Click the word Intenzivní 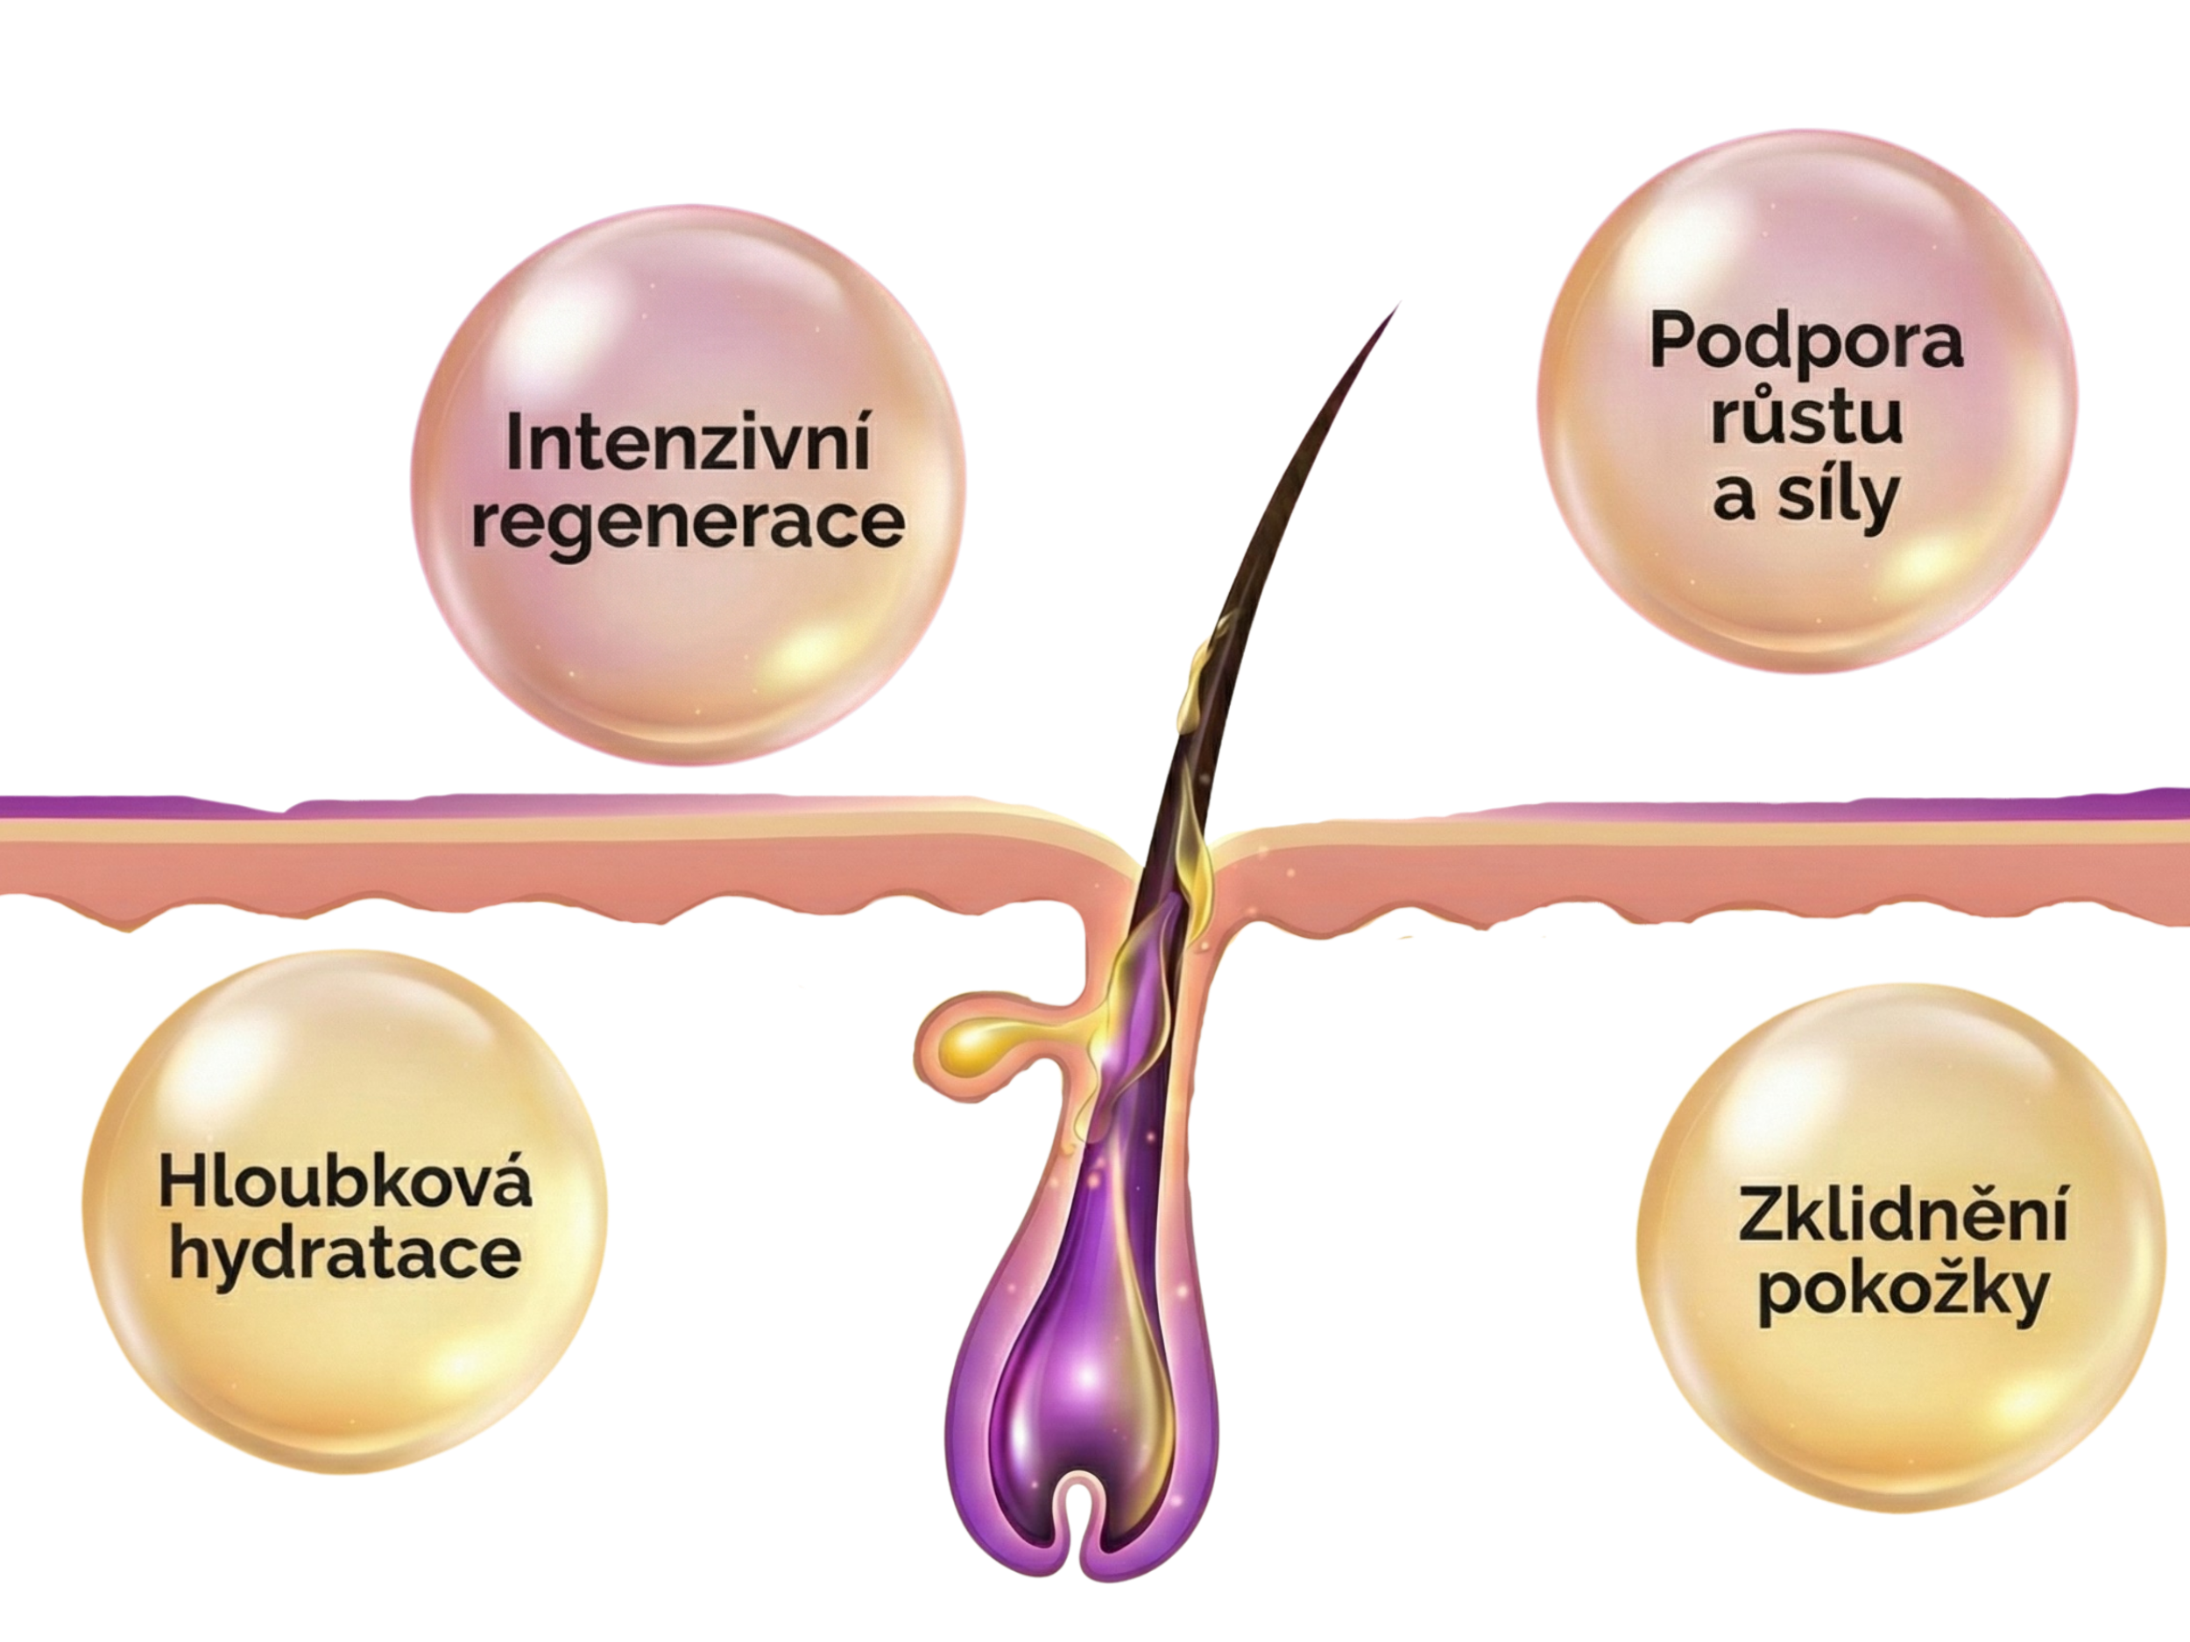[687, 443]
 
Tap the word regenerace [687, 523]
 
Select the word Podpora [1805, 342]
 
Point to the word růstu [1805, 418]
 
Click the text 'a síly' [1805, 495]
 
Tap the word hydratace [344, 1255]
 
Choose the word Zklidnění [1902, 1216]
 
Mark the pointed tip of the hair [1398, 304]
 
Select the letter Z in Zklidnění [1760, 1216]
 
